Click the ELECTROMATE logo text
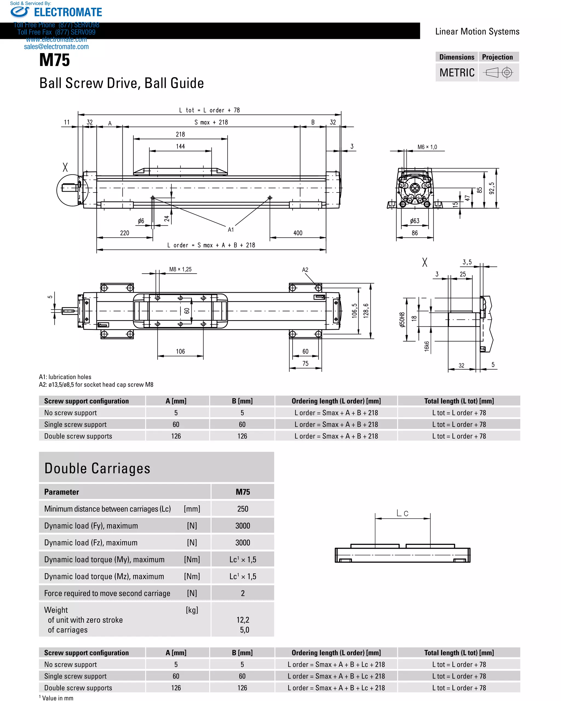(68, 12)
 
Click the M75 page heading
(54, 60)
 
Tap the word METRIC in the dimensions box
(457, 73)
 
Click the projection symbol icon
(499, 72)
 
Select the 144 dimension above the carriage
(180, 146)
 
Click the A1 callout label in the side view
(231, 229)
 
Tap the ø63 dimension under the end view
(414, 221)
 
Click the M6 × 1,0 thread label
(427, 147)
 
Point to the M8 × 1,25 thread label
(180, 269)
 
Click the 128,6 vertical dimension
(366, 311)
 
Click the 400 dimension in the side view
(297, 233)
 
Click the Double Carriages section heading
(97, 468)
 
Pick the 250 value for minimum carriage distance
(243, 509)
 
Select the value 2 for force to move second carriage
(243, 593)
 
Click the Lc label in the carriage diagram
(402, 513)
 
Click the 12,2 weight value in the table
(243, 620)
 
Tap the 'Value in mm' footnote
(57, 698)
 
